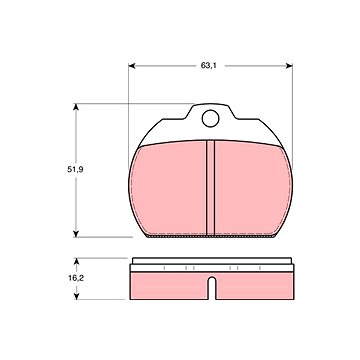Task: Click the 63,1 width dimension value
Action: click(x=209, y=66)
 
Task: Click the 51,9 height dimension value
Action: click(x=75, y=169)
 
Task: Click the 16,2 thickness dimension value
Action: click(x=76, y=278)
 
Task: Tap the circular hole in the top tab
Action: click(x=210, y=118)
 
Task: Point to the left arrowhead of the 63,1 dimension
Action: click(x=132, y=66)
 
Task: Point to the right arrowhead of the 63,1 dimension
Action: click(x=289, y=66)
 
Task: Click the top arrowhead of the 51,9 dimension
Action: click(x=76, y=107)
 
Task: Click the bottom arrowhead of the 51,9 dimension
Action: click(x=76, y=234)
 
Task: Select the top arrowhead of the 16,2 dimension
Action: click(x=76, y=261)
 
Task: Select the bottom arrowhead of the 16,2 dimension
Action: click(x=76, y=296)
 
